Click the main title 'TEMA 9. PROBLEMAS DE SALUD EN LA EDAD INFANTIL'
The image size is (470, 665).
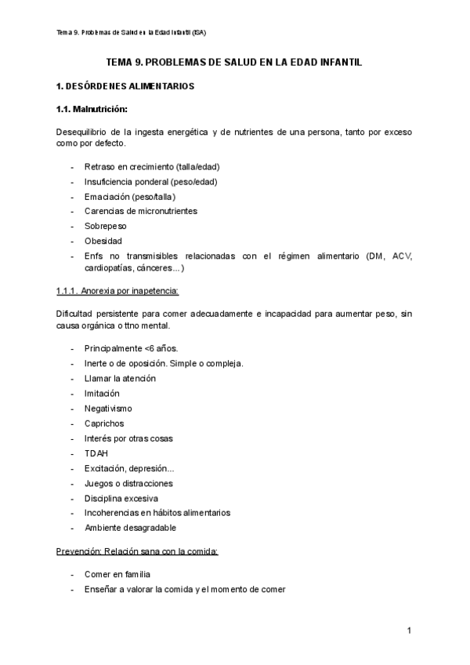tap(234, 62)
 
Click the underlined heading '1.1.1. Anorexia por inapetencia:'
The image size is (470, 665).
tap(117, 292)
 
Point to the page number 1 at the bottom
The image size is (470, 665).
tap(409, 630)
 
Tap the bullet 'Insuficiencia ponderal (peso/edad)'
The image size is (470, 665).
tap(150, 182)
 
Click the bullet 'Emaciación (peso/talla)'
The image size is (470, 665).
tap(129, 196)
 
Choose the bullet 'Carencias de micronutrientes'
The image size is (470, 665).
tap(140, 211)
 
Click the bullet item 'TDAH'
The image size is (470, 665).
tap(96, 452)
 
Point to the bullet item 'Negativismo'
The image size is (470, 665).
tap(108, 408)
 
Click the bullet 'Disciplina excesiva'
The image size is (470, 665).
tap(121, 498)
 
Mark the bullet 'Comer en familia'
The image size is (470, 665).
tap(117, 574)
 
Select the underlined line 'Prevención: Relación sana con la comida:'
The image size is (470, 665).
tap(137, 551)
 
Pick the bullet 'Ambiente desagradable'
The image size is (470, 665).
tap(130, 528)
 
